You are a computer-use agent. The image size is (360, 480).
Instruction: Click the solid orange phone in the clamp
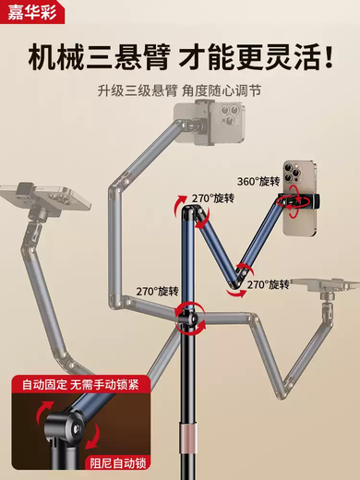(x=304, y=198)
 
